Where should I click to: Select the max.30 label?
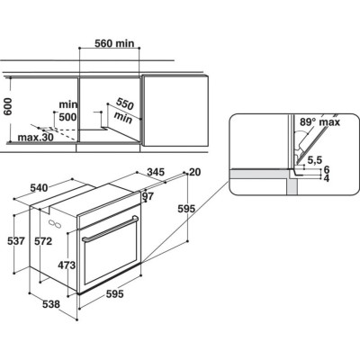pos(35,137)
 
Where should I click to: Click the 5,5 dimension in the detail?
pos(314,160)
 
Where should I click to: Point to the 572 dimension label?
pos(41,241)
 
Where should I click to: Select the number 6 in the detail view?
pos(327,170)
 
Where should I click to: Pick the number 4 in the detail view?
pos(327,179)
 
